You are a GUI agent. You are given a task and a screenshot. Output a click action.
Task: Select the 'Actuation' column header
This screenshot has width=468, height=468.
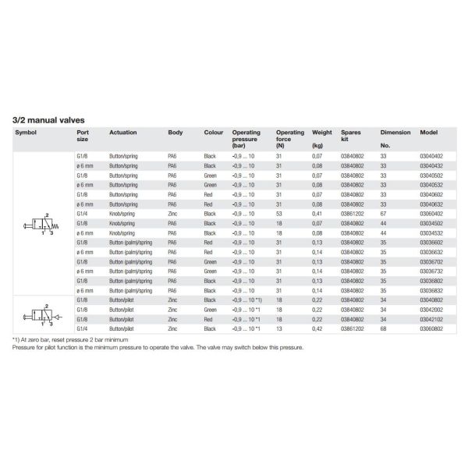(123, 133)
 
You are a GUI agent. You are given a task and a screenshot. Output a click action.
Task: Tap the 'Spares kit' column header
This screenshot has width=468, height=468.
(353, 136)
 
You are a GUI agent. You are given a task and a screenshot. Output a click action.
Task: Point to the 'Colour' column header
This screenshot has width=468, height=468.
(214, 133)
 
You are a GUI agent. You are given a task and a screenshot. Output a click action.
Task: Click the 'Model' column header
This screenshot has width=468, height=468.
(429, 133)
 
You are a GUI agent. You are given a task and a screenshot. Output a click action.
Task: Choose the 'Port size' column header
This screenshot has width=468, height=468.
(83, 136)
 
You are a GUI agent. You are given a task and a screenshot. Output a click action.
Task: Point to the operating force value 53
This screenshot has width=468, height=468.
(279, 214)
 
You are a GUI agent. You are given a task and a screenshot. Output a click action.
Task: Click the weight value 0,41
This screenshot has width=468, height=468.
(317, 214)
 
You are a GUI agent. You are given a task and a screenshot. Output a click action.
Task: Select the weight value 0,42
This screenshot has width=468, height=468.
(317, 329)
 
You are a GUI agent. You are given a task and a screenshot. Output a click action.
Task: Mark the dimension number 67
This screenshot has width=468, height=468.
(383, 214)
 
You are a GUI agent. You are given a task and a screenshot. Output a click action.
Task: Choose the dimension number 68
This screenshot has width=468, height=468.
(383, 329)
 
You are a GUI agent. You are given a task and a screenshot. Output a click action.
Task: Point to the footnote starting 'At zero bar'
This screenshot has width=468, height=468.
(70, 341)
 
